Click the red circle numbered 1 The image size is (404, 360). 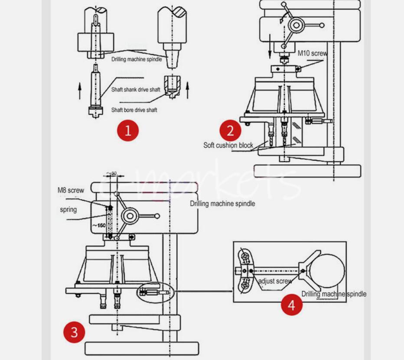click(x=127, y=131)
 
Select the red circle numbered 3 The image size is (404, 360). click(x=75, y=332)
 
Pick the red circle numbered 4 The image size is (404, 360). click(x=291, y=305)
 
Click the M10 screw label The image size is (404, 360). click(x=312, y=53)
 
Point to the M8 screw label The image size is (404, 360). click(x=71, y=190)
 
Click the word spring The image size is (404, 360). click(x=68, y=210)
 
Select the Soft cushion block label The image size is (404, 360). click(x=228, y=145)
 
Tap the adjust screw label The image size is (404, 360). click(x=275, y=281)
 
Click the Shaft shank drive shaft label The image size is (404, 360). click(x=136, y=90)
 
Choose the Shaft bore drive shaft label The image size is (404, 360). click(x=134, y=110)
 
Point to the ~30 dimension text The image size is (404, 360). click(x=114, y=173)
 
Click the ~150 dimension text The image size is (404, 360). click(x=99, y=225)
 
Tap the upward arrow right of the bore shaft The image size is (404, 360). click(x=187, y=91)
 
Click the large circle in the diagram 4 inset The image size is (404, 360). click(x=327, y=271)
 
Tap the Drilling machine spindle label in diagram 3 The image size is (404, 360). click(x=222, y=203)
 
